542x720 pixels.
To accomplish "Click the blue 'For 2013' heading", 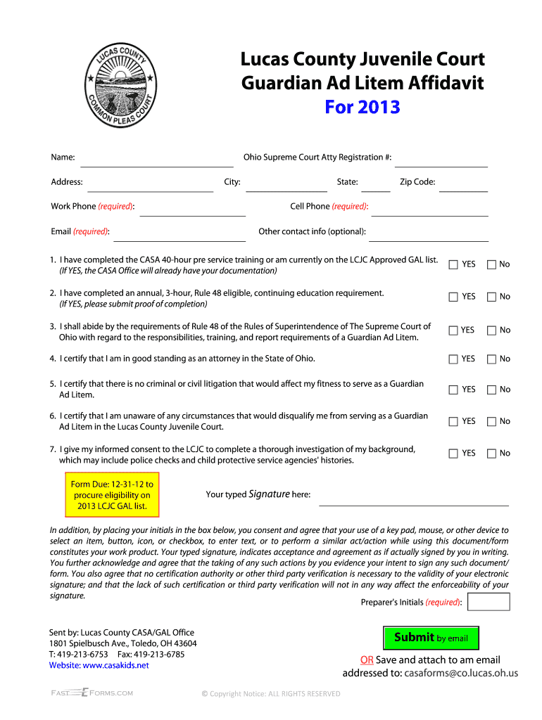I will click(362, 107).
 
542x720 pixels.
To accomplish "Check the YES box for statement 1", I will click(454, 264).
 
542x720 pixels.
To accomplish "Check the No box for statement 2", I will click(491, 297).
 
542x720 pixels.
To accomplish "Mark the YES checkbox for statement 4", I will click(454, 359).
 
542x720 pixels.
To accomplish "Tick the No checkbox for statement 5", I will click(491, 390).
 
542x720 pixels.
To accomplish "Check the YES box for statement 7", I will click(454, 454).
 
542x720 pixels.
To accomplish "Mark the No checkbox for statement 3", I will click(491, 330).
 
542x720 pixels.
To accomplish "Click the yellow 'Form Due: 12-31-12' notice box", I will click(113, 496).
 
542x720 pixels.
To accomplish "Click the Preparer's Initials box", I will click(489, 602).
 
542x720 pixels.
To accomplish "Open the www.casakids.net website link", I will click(115, 665).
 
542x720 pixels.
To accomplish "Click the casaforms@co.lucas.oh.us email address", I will click(461, 673).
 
